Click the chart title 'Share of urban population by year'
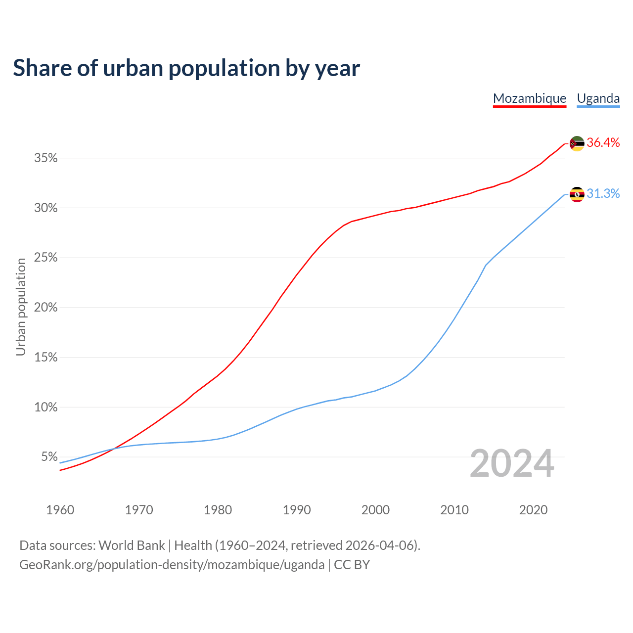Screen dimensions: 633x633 [186, 68]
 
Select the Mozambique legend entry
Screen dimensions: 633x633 [530, 98]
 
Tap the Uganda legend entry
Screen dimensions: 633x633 [598, 98]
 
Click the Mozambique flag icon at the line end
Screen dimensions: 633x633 [577, 143]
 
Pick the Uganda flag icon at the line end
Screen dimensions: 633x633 [577, 194]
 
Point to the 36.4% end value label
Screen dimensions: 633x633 [603, 143]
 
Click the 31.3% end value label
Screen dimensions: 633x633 [603, 194]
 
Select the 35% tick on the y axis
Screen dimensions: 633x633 [45, 158]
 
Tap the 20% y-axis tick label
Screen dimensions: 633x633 [45, 308]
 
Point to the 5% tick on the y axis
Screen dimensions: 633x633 [49, 457]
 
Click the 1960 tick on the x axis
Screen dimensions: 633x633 [60, 510]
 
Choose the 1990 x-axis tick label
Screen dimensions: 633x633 [297, 510]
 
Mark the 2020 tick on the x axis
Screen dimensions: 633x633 [533, 510]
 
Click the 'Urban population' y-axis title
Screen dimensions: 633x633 [21, 307]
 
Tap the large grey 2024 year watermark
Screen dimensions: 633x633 [512, 464]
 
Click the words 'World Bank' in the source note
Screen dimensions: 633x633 [132, 545]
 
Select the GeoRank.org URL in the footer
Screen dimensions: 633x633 [172, 565]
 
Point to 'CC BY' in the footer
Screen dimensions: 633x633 [352, 565]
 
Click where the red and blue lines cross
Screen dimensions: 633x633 [114, 449]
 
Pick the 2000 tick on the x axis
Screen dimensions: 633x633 [375, 510]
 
